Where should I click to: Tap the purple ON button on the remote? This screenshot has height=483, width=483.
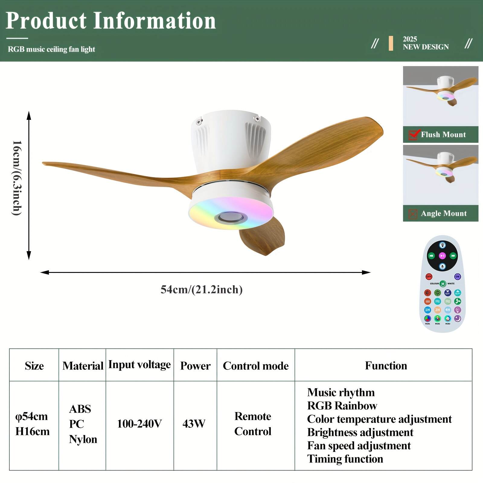click(457, 277)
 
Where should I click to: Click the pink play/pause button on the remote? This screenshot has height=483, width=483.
click(442, 256)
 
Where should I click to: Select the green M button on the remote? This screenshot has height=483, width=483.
click(443, 284)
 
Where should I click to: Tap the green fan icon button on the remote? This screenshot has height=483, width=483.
click(458, 301)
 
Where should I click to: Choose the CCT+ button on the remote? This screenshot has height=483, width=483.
click(458, 293)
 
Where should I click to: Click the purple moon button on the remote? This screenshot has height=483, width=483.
click(458, 318)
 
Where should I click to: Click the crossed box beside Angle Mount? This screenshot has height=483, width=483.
click(413, 214)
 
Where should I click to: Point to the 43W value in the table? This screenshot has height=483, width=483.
click(194, 424)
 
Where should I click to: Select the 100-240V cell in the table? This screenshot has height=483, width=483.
click(139, 424)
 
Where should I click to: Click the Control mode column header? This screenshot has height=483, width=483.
click(256, 366)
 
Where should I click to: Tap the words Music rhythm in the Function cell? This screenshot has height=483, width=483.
click(341, 392)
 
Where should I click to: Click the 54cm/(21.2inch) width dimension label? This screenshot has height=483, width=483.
click(202, 289)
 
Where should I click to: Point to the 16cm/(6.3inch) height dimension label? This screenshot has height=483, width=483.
click(17, 178)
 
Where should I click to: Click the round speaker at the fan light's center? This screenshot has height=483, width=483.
click(231, 217)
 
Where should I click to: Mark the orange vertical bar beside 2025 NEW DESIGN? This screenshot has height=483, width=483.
click(391, 43)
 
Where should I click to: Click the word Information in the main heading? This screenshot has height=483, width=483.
click(155, 21)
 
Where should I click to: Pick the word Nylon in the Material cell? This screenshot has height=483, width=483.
click(83, 439)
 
